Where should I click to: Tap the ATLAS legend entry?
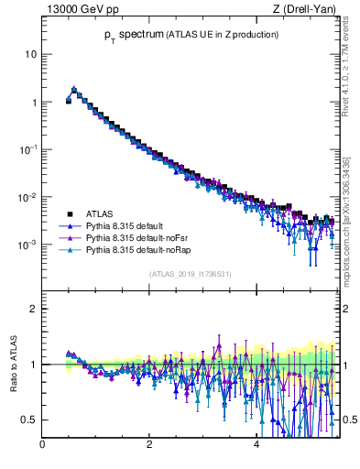(x=99, y=213)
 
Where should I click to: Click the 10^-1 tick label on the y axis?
(x=27, y=149)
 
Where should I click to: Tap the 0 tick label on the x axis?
(x=42, y=446)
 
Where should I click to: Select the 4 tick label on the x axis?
(x=256, y=446)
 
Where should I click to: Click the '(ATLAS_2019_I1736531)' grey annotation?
(x=190, y=274)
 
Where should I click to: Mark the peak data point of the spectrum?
(x=74, y=90)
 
